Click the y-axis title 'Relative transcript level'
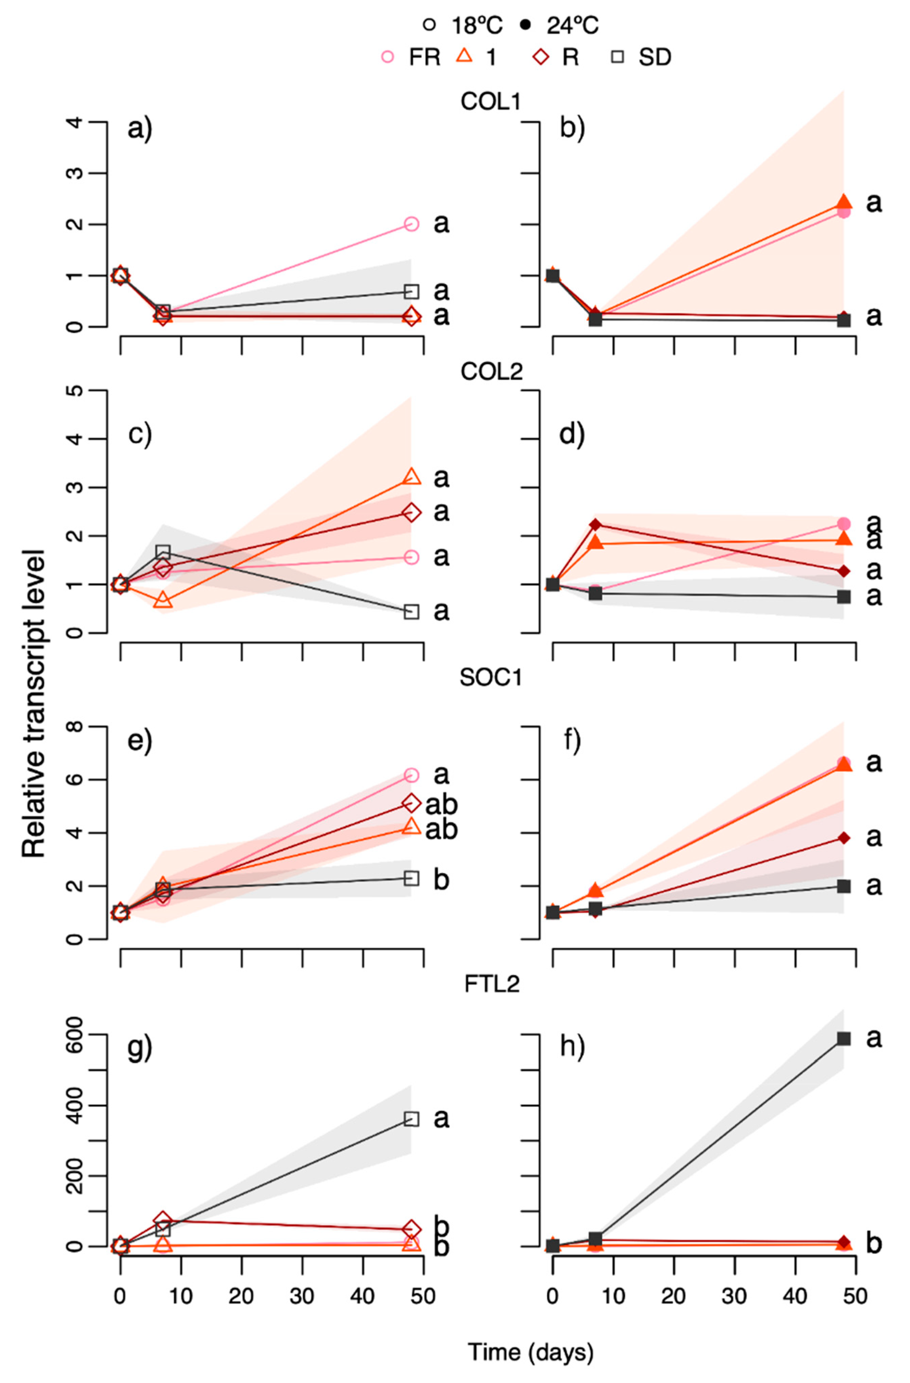click(x=34, y=703)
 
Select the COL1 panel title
click(x=491, y=102)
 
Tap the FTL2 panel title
click(x=491, y=984)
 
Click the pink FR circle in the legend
click(x=387, y=57)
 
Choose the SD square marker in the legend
click(x=621, y=57)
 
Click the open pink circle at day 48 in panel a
click(x=411, y=224)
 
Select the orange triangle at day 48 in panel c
click(x=411, y=477)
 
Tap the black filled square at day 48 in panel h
click(x=844, y=1038)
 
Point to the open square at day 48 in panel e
click(x=411, y=878)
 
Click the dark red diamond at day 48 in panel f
click(x=844, y=837)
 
